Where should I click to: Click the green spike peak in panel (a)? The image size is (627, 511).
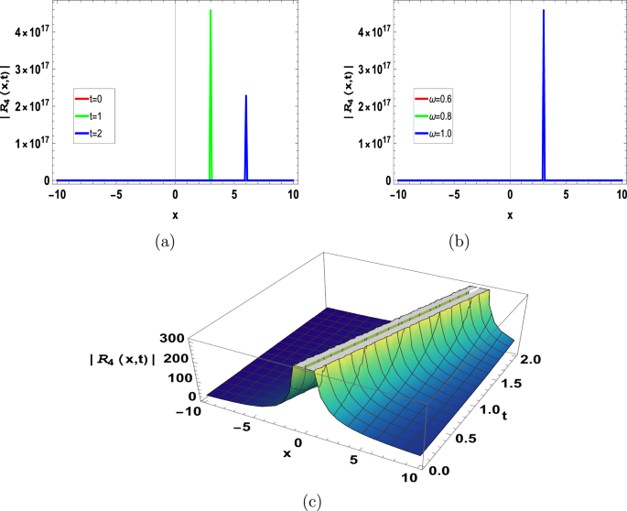pyautogui.click(x=211, y=12)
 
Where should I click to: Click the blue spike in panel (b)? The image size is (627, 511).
pyautogui.click(x=544, y=12)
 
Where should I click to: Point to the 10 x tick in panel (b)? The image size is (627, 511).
pyautogui.click(x=622, y=194)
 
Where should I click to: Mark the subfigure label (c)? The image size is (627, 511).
pyautogui.click(x=315, y=500)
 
